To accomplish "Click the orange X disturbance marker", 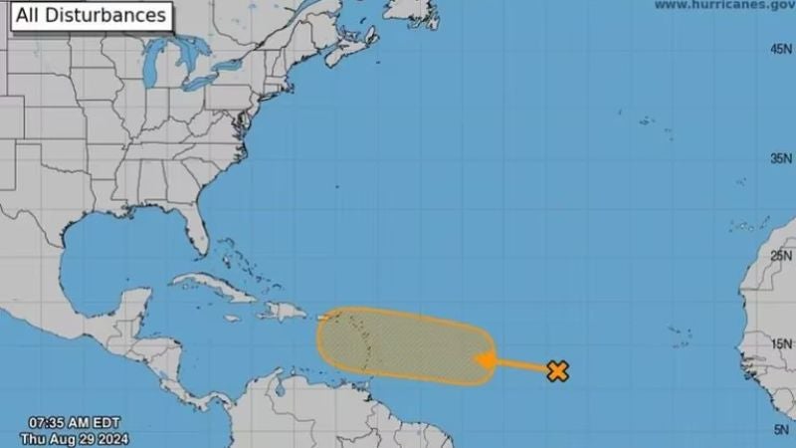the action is coord(558,371).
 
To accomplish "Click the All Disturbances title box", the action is coord(90,16).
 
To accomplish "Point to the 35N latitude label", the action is coord(779,158).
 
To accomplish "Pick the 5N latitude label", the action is coord(782,429).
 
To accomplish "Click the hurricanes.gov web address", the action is coord(724,6).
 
